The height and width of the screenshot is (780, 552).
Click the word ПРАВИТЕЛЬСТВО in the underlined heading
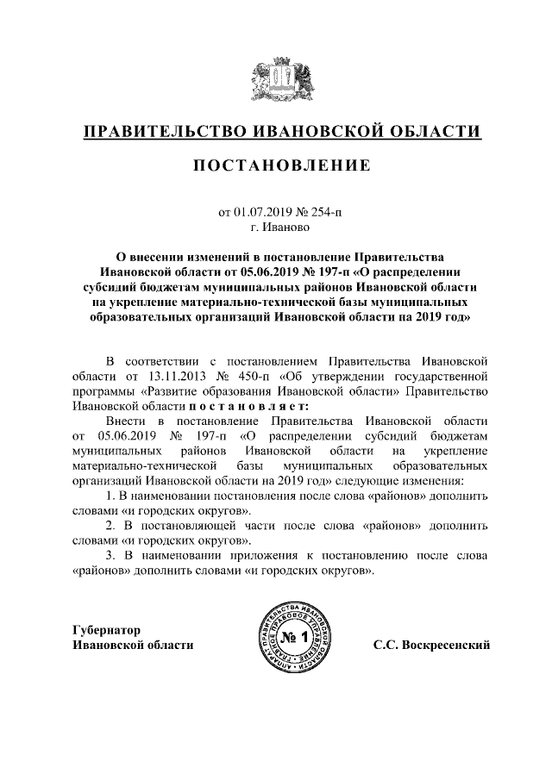pyautogui.click(x=160, y=132)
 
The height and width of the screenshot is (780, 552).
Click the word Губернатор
pyautogui.click(x=106, y=629)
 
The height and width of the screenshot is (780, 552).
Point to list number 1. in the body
pyautogui.click(x=110, y=497)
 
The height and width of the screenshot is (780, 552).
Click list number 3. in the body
pyautogui.click(x=110, y=555)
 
